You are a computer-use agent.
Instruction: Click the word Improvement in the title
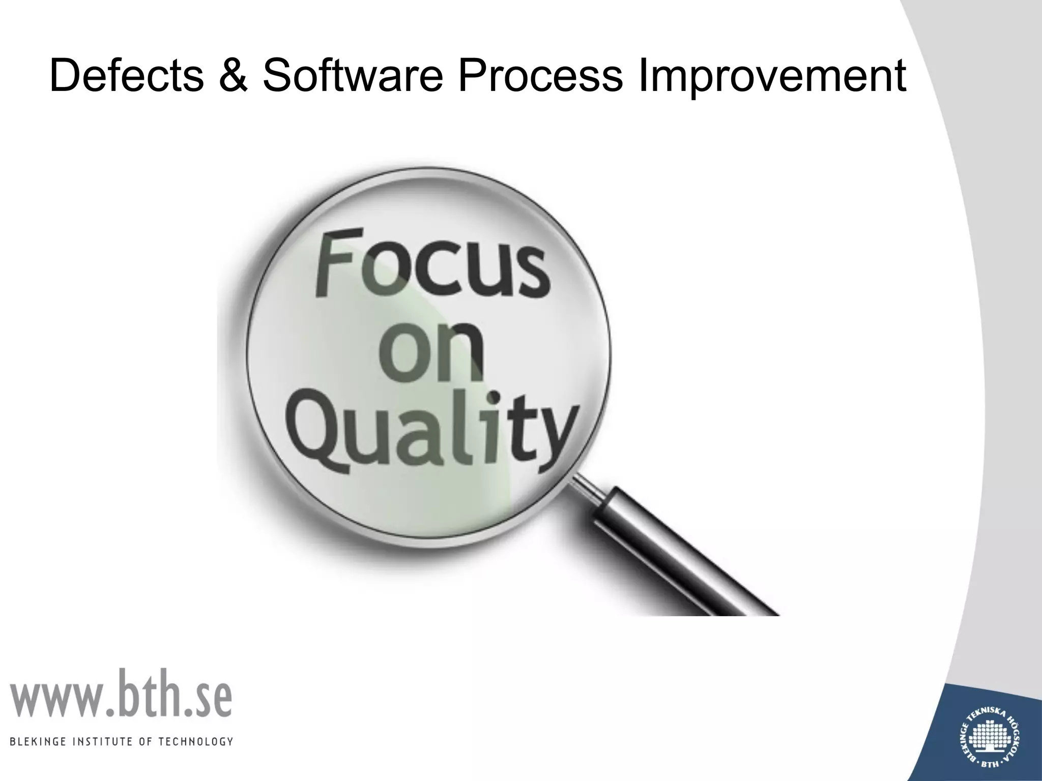(x=771, y=76)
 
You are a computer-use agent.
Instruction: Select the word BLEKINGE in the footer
(x=35, y=756)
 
